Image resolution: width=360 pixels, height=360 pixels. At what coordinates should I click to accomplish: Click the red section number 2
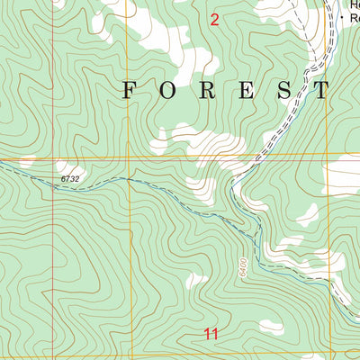214,20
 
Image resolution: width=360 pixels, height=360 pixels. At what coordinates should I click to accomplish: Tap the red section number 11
211,334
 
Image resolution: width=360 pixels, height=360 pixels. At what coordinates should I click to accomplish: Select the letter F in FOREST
130,89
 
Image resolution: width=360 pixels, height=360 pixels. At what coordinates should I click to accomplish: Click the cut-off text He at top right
352,4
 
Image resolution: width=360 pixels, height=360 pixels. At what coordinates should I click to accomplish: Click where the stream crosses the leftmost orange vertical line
129,178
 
